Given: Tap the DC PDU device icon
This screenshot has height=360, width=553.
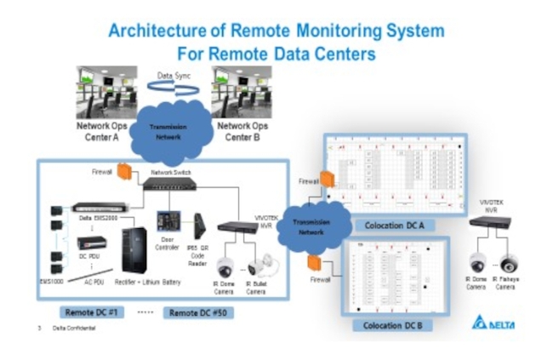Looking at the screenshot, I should pos(89,243).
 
